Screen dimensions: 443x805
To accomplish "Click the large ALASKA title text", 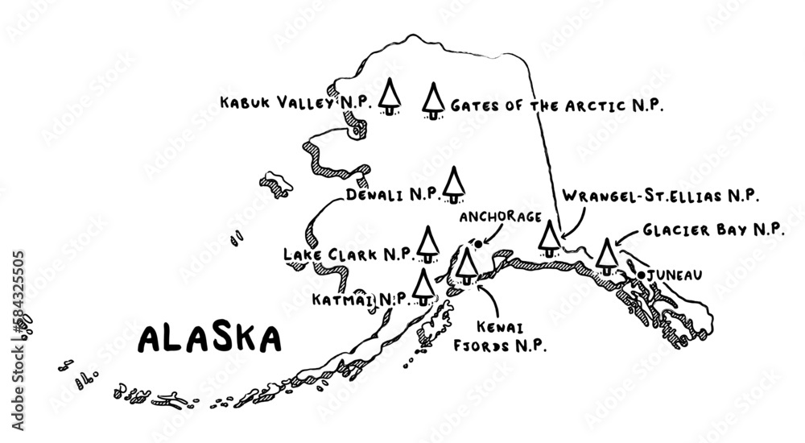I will click(x=209, y=338).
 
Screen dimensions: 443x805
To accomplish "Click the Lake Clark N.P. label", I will click(x=349, y=255).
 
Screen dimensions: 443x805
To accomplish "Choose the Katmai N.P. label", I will click(x=358, y=299).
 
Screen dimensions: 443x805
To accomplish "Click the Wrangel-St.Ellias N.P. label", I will click(x=661, y=196).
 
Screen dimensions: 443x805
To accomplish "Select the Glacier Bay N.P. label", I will click(x=713, y=230).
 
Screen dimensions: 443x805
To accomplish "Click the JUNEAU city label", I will click(x=675, y=275).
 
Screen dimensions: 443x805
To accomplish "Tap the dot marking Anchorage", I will click(x=478, y=242).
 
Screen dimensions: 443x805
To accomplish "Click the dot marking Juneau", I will click(x=642, y=275).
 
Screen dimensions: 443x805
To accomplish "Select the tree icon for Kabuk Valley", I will click(x=390, y=97).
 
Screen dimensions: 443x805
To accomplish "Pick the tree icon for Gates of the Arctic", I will click(x=434, y=101).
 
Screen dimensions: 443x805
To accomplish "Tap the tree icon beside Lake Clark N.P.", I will click(x=427, y=244).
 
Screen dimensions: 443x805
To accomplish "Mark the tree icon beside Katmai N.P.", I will click(x=422, y=286).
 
